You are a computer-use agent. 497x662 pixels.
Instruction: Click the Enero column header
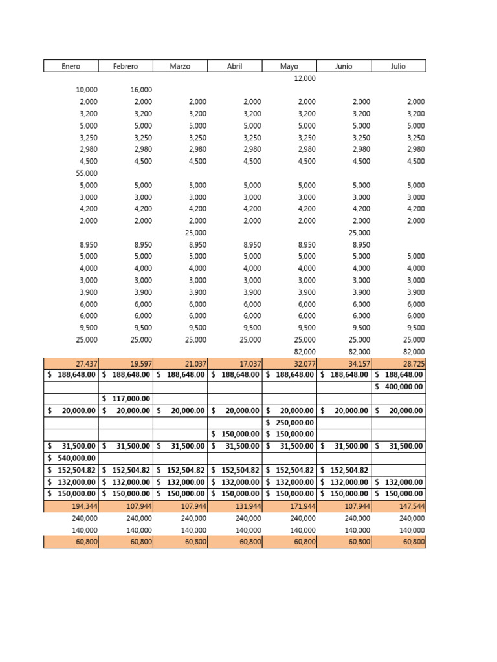click(x=71, y=66)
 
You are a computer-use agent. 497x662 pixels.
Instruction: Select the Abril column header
click(x=234, y=66)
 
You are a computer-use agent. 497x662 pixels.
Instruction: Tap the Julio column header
click(x=398, y=66)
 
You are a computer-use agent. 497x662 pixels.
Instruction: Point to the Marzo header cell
click(x=180, y=66)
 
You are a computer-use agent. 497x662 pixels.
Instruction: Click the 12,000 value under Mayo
click(x=304, y=78)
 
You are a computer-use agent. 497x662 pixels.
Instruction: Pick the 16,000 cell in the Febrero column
click(x=141, y=90)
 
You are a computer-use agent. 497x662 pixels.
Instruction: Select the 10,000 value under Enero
click(x=87, y=90)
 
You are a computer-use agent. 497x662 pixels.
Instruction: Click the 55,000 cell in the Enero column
click(x=87, y=173)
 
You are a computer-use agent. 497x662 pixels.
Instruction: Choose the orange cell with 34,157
click(x=359, y=363)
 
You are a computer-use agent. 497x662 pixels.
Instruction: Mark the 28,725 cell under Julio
click(x=413, y=363)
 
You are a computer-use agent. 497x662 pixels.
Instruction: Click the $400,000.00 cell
click(x=399, y=387)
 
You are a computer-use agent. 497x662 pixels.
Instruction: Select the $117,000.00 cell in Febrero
click(x=126, y=399)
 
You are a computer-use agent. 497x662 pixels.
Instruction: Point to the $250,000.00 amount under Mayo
click(x=290, y=422)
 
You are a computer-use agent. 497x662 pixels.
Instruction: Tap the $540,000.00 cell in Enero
click(x=72, y=458)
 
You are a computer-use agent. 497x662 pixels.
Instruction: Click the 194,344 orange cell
click(x=85, y=506)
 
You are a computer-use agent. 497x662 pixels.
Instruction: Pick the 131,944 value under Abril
click(x=248, y=506)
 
